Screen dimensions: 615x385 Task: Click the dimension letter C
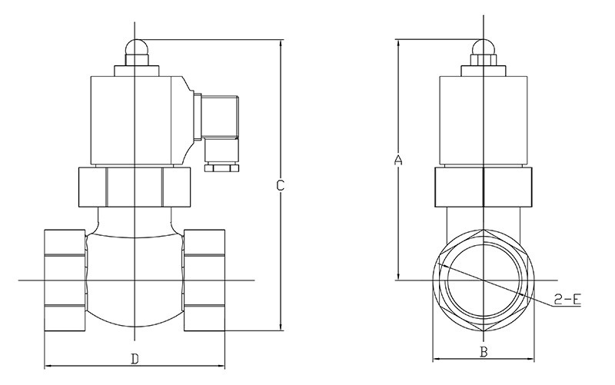280,185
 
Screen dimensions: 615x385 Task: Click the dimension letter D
135,359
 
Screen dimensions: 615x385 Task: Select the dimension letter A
398,160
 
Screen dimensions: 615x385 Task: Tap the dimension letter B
484,352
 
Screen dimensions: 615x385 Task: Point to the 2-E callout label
567,300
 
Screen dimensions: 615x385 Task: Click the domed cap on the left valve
136,46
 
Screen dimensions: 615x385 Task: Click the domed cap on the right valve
484,46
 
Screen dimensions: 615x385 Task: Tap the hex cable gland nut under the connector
221,168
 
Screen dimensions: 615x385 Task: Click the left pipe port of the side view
65,280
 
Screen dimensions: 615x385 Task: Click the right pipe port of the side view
204,280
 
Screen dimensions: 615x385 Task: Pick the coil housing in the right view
484,121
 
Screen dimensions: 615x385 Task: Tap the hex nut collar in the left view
134,187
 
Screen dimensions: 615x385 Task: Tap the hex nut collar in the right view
484,187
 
